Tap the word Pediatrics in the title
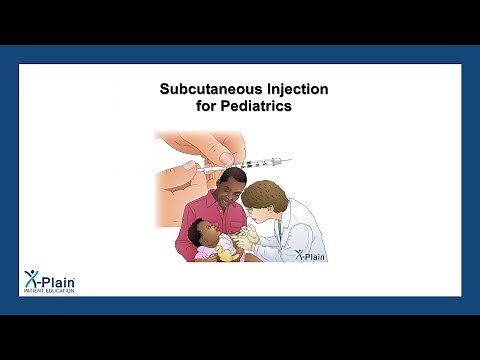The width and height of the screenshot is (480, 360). (x=258, y=106)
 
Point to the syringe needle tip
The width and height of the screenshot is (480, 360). (x=291, y=160)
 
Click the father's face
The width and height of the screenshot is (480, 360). (x=233, y=191)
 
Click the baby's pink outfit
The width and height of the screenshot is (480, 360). (x=206, y=252)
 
